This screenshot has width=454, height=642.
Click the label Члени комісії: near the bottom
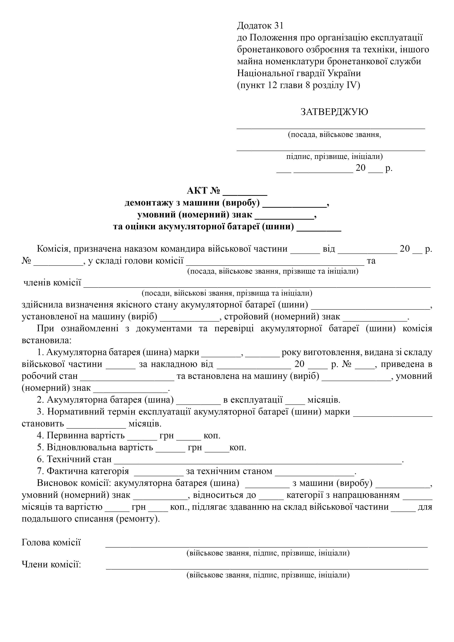[x=51, y=565]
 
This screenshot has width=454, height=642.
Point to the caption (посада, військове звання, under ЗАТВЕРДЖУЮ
[x=334, y=135]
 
